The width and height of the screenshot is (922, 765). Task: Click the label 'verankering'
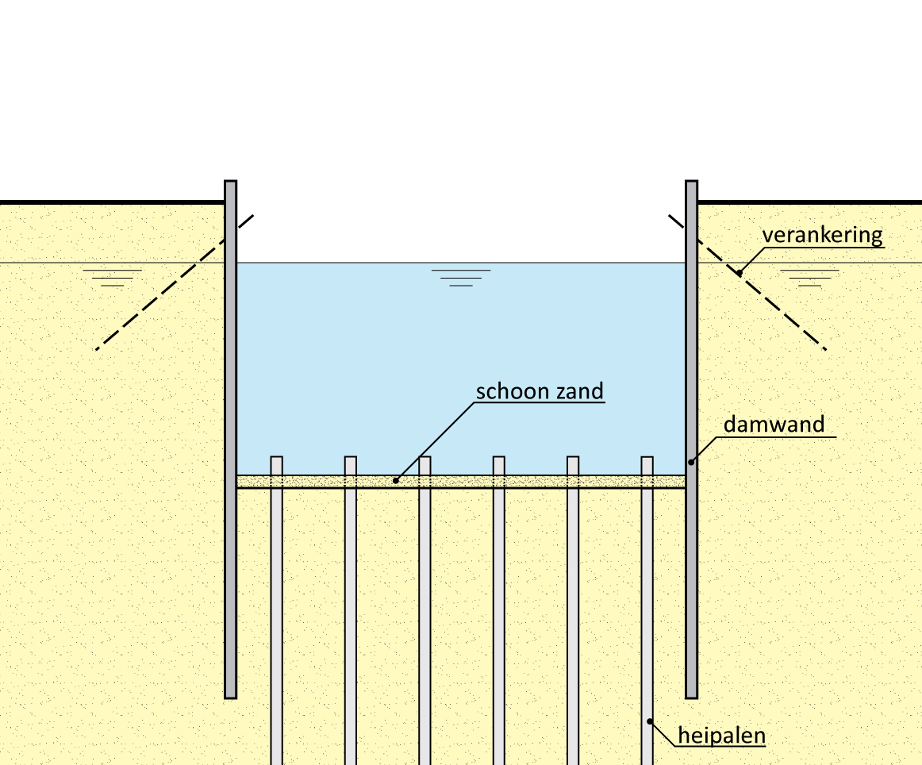tap(822, 236)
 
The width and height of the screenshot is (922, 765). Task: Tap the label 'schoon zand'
tap(540, 391)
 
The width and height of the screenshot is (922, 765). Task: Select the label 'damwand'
tap(774, 425)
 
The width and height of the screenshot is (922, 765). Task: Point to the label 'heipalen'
tap(721, 735)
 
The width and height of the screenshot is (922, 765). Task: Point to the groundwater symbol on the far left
tap(113, 276)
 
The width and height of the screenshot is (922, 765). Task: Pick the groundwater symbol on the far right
tap(809, 276)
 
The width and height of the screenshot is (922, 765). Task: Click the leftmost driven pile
tap(277, 619)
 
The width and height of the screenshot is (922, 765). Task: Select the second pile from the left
tap(351, 619)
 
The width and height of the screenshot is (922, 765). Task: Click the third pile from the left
tap(425, 619)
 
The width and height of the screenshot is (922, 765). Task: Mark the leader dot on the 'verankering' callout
tap(739, 273)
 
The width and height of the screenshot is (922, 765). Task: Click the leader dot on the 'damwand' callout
tap(691, 462)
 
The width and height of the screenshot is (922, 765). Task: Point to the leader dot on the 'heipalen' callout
tap(650, 721)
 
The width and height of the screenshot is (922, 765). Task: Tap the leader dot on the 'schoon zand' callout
tap(396, 481)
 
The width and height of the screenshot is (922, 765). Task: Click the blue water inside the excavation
tap(460, 357)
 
